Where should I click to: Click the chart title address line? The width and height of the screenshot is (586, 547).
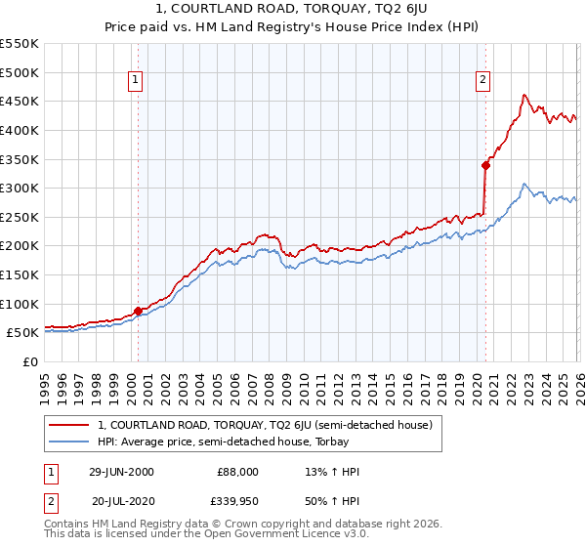coord(292,9)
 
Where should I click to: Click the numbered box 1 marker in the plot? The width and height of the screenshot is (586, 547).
coord(135,81)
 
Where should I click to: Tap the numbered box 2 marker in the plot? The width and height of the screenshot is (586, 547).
coord(483,81)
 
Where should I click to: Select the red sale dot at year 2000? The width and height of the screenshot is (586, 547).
coord(138,311)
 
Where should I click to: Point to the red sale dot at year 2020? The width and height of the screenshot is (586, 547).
coord(485,165)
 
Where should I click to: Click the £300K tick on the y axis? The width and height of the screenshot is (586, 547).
coord(20,188)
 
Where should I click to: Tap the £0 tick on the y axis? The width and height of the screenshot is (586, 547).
coord(32,361)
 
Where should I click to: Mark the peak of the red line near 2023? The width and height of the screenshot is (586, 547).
coord(524,95)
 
